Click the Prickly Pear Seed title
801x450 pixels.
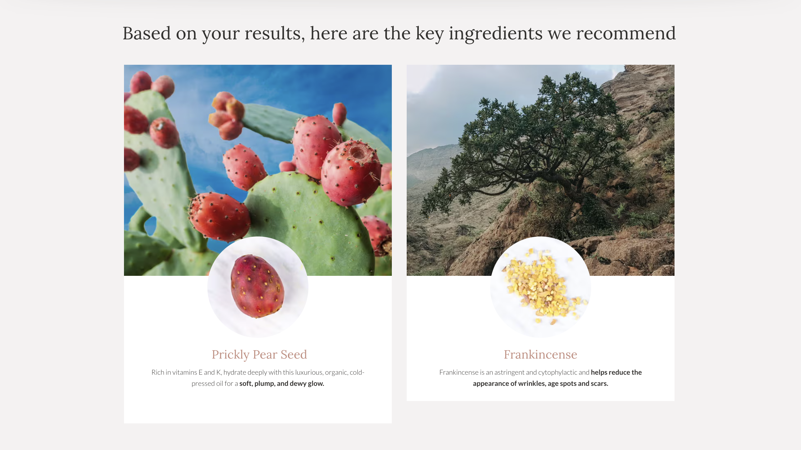259,355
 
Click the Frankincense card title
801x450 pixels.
540,355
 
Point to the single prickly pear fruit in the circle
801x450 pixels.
257,286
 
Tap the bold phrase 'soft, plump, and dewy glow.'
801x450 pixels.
281,383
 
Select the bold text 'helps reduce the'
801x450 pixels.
616,372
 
